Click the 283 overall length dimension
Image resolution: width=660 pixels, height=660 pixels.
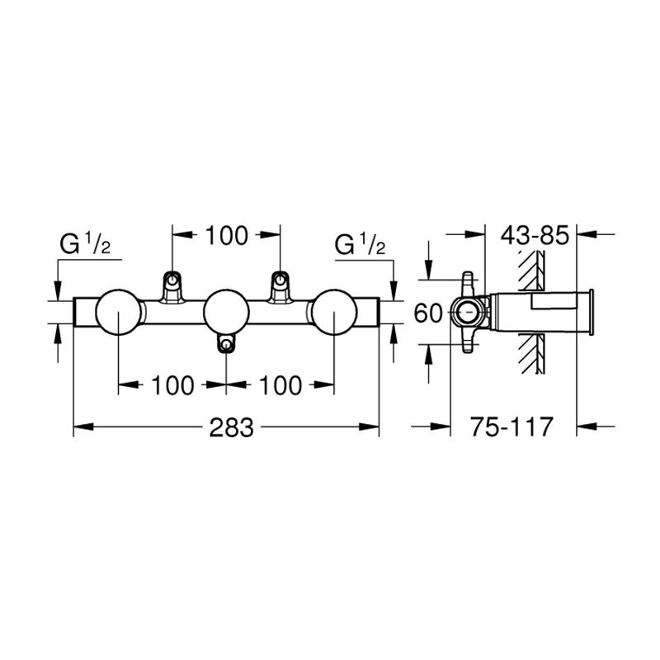(232, 427)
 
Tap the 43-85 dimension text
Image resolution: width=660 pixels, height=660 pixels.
(535, 235)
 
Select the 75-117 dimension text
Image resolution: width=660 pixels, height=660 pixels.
(511, 427)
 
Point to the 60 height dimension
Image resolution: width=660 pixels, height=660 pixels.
(428, 313)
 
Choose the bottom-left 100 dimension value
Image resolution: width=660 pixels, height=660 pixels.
(172, 385)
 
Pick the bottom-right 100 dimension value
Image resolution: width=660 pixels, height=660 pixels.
(280, 385)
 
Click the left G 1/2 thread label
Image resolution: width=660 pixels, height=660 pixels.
(85, 244)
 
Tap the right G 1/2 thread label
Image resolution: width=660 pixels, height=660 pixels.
(360, 244)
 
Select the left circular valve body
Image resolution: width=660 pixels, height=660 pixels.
(119, 313)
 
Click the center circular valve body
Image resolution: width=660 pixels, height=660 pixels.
(226, 313)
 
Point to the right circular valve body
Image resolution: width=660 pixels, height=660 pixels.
(334, 313)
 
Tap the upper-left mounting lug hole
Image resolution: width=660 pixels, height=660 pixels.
(172, 279)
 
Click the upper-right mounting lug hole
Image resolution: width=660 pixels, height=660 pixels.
(280, 279)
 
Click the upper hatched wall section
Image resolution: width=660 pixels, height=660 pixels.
(532, 271)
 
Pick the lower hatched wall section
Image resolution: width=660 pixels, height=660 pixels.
(532, 354)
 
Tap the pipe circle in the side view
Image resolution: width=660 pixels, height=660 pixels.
(466, 313)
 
